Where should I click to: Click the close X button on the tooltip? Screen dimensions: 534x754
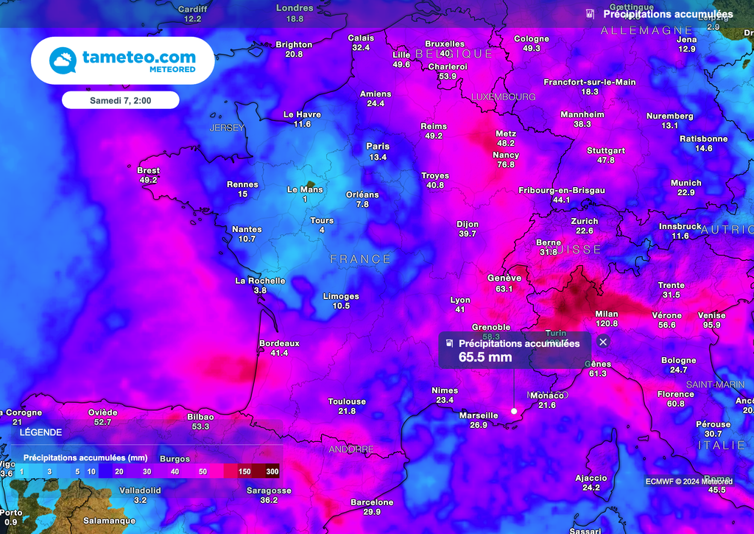click(603, 342)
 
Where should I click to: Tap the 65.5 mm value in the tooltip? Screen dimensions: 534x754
click(485, 357)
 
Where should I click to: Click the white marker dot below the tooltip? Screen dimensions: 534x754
click(514, 411)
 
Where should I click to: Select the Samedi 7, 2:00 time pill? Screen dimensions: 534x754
click(120, 99)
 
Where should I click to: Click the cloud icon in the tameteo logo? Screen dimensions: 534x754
click(63, 60)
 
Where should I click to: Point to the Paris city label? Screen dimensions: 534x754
click(378, 147)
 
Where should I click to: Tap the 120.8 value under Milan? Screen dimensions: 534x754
click(607, 323)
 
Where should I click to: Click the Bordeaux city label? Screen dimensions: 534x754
click(279, 343)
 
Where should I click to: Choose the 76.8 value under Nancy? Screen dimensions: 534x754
click(506, 165)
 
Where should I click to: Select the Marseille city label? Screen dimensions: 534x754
click(479, 415)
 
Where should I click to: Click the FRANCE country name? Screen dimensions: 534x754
click(361, 259)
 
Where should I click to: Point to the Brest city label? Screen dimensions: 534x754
click(148, 170)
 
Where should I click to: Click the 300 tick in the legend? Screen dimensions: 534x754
click(272, 471)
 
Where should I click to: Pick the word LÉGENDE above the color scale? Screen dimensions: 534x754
click(40, 432)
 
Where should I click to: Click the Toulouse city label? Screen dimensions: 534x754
click(347, 401)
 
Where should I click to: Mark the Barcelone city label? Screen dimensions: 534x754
click(372, 502)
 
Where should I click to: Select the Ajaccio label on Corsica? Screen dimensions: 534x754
click(591, 478)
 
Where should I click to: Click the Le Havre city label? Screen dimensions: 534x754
click(302, 114)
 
